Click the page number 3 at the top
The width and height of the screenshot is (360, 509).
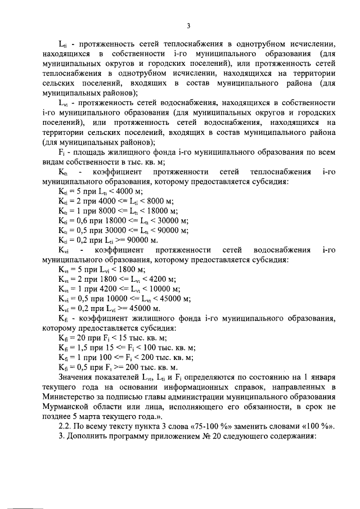point(189,25)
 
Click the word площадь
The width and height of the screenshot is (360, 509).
point(85,152)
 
